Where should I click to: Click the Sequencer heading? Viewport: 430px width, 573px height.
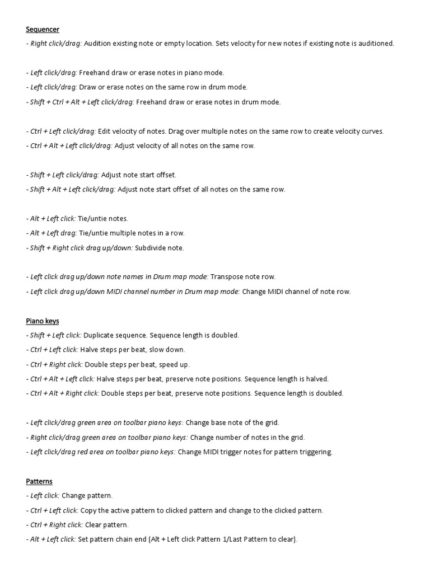[x=43, y=29]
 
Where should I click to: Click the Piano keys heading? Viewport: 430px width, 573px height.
[x=43, y=321]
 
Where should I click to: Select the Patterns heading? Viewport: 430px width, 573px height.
[x=39, y=481]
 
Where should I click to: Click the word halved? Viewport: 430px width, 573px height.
[x=316, y=379]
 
